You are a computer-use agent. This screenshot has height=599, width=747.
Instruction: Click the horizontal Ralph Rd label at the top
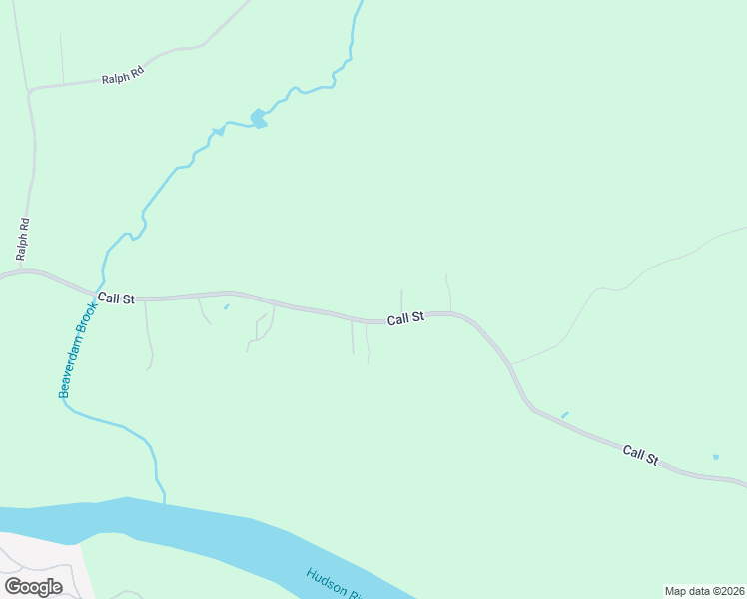(123, 76)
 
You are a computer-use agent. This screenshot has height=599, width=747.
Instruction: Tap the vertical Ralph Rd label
(21, 240)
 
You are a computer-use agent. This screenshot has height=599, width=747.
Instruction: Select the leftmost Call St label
(116, 298)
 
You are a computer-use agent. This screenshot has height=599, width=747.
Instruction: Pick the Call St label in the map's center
(405, 318)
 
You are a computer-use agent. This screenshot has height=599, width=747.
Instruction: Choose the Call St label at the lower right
(640, 455)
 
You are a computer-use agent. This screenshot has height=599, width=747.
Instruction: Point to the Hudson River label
(333, 583)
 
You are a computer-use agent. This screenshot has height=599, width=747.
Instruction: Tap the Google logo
(33, 587)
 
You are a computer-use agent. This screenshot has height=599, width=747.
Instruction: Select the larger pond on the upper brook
(258, 119)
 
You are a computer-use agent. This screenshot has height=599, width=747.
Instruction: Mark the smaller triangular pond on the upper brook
(218, 132)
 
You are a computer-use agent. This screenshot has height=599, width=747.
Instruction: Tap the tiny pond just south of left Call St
(226, 306)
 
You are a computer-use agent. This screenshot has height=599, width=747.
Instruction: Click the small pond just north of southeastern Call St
(565, 414)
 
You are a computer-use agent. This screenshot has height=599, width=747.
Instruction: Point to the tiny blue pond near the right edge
(715, 457)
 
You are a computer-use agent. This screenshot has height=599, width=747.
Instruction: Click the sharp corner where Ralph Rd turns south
(31, 91)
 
